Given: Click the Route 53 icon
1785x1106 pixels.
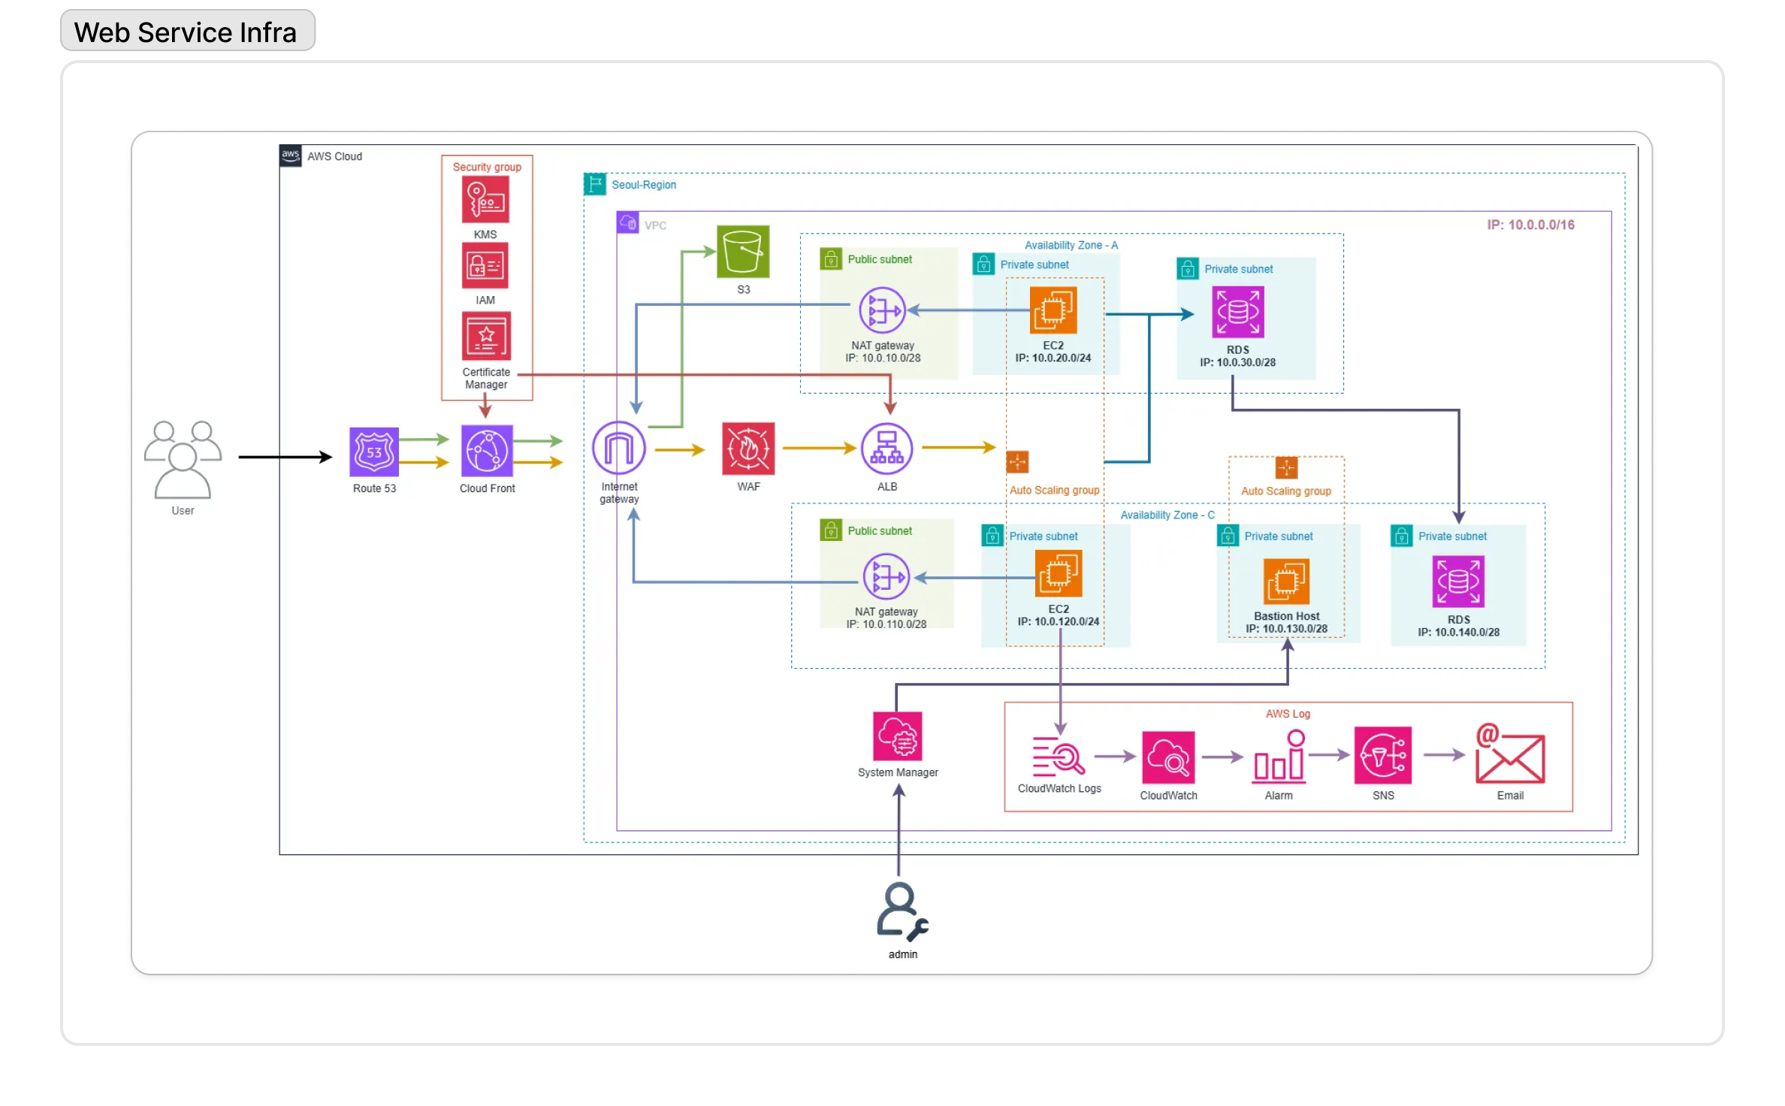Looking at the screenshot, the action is (x=374, y=452).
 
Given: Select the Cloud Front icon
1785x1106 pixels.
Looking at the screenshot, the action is (x=487, y=451).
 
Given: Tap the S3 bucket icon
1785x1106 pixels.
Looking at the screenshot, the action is (x=743, y=252).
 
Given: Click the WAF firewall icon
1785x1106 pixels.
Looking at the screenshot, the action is (x=748, y=449).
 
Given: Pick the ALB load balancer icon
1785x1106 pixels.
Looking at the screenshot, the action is (x=887, y=449).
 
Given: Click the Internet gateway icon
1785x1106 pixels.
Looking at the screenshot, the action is (x=619, y=449).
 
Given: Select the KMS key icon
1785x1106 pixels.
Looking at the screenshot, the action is (x=485, y=199).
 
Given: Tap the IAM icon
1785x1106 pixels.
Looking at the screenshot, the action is (x=485, y=265).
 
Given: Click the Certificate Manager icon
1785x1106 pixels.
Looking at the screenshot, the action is (x=487, y=336).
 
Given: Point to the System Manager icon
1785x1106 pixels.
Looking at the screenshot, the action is (x=898, y=736).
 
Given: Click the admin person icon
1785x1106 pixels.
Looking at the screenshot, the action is (x=902, y=911).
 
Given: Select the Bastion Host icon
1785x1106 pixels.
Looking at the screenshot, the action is (x=1286, y=582).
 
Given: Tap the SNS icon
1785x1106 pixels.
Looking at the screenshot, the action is (x=1383, y=755).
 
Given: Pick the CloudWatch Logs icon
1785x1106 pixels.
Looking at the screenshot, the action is (x=1059, y=756).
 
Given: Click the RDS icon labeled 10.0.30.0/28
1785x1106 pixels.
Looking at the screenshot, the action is (x=1238, y=312).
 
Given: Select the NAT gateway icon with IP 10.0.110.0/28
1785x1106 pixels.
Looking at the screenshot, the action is (x=886, y=577).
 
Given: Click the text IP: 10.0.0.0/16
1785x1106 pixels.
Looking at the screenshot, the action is (x=1531, y=225).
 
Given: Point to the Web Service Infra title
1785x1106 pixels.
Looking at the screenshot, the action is (x=186, y=32).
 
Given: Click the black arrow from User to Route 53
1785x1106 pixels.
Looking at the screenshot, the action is (x=285, y=457).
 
